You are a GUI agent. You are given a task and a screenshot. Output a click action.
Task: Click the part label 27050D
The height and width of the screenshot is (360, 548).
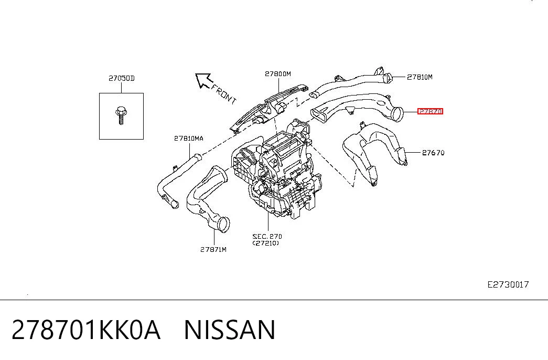point(121,78)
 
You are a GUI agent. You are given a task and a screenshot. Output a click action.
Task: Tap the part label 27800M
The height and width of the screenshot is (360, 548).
point(278,74)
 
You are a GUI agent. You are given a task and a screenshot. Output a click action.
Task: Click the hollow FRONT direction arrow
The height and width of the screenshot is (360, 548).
point(204,80)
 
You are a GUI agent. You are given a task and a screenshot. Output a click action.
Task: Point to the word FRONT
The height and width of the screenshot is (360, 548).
point(224,94)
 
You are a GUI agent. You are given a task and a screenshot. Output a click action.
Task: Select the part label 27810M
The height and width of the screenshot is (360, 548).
point(420,77)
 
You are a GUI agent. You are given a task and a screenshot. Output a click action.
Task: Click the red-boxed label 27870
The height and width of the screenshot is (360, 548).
point(430,111)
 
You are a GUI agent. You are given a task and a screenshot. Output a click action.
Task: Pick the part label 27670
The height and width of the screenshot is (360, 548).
point(433,153)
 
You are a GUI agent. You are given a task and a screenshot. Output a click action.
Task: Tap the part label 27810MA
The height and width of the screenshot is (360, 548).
point(189,138)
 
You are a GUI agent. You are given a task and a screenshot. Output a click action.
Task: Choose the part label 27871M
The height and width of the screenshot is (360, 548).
point(213,249)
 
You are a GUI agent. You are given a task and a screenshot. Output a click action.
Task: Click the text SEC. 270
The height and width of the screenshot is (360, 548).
point(267,237)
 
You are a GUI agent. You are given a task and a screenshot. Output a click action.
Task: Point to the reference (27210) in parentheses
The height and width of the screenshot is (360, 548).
point(266,243)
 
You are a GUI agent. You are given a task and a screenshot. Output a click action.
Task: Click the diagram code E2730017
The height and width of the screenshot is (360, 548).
point(508,284)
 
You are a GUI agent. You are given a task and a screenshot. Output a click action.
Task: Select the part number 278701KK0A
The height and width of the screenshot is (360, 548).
point(86,330)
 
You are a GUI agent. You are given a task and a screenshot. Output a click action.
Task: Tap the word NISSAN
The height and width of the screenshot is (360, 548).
point(230,330)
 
